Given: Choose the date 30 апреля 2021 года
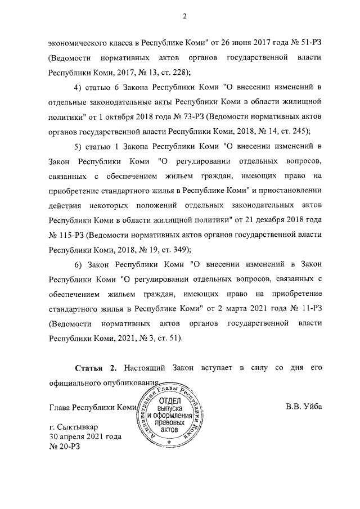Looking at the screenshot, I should (85, 437).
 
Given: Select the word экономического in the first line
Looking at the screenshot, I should (83, 43).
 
